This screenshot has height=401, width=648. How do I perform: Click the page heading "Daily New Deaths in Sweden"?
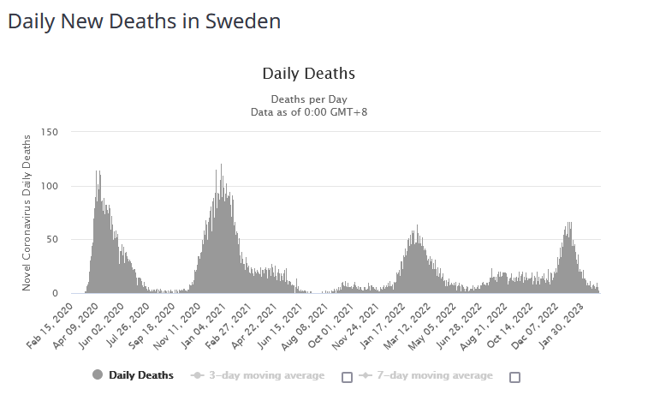pyautogui.click(x=144, y=21)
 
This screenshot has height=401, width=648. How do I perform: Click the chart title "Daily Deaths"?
pyautogui.click(x=308, y=74)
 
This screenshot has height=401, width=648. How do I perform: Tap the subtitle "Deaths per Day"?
pyautogui.click(x=308, y=99)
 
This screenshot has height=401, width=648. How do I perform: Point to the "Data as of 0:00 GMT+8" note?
pyautogui.click(x=308, y=111)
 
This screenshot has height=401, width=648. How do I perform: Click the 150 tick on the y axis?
pyautogui.click(x=49, y=132)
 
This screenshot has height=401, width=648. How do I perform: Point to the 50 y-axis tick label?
pyautogui.click(x=51, y=239)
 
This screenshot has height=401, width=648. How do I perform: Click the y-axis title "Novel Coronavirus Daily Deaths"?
pyautogui.click(x=27, y=212)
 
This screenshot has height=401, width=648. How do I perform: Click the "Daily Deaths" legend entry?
pyautogui.click(x=140, y=375)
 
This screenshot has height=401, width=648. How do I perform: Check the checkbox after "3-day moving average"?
pyautogui.click(x=347, y=377)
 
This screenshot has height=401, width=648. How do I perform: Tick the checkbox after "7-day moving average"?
pyautogui.click(x=514, y=377)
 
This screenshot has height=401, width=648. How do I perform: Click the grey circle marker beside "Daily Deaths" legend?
pyautogui.click(x=97, y=375)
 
